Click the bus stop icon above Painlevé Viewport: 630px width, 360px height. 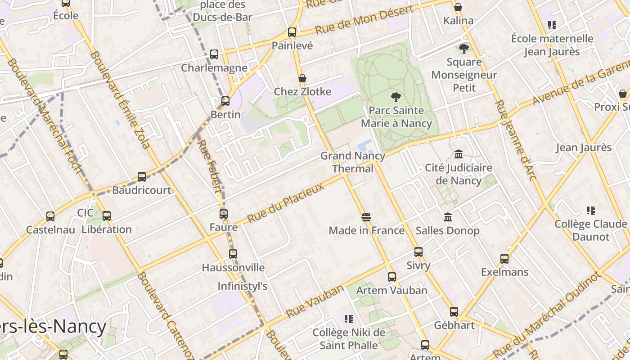tap(292, 32)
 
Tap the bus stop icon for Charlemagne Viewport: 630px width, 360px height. tap(214, 54)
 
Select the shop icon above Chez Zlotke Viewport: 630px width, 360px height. tap(302, 78)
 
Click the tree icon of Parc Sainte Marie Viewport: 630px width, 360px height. tap(396, 97)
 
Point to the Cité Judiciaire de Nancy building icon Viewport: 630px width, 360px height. tap(459, 154)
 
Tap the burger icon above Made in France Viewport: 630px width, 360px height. tap(366, 217)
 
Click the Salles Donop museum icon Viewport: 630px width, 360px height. tap(448, 217)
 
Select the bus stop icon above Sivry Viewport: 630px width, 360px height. tap(418, 252)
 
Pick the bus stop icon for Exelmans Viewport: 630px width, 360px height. tap(504, 259)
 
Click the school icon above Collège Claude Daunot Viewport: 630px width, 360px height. tap(590, 211)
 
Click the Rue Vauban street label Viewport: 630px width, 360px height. tap(315, 301)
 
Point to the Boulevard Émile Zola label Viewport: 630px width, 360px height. tap(120, 100)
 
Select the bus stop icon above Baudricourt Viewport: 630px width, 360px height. tap(142, 177)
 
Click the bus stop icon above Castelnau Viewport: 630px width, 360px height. tap(50, 216)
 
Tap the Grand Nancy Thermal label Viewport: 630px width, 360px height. tap(353, 162)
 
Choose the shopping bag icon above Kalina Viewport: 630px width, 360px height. tap(458, 7)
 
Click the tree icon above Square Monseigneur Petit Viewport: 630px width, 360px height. tap(464, 48)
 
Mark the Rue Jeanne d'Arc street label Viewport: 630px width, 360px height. tap(516, 140)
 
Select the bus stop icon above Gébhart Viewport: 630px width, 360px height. tap(454, 312)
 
